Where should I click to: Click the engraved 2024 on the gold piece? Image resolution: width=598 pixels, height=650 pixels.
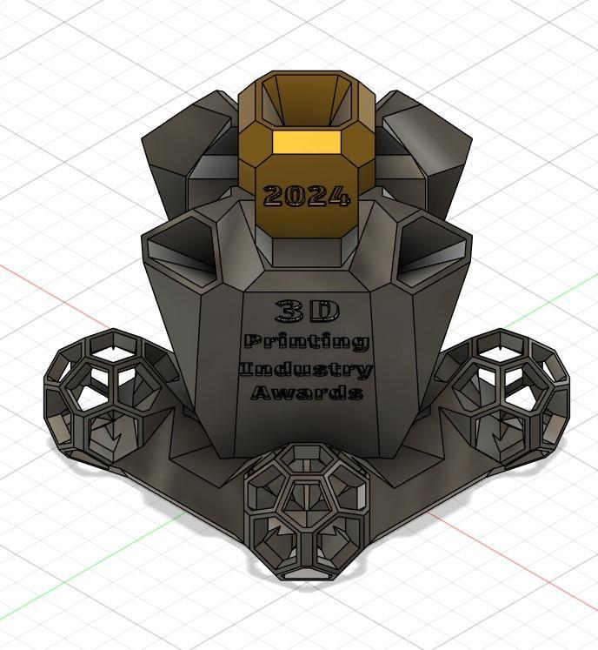307,196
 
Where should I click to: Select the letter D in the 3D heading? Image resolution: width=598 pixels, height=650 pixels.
322,311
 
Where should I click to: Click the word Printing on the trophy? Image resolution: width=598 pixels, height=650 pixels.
307,341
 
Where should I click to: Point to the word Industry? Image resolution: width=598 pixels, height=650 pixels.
307,368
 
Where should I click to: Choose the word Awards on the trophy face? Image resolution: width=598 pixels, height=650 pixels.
307,392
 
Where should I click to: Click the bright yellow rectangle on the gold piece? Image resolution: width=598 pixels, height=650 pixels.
306,142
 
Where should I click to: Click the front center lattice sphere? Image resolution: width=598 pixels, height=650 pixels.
306,509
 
